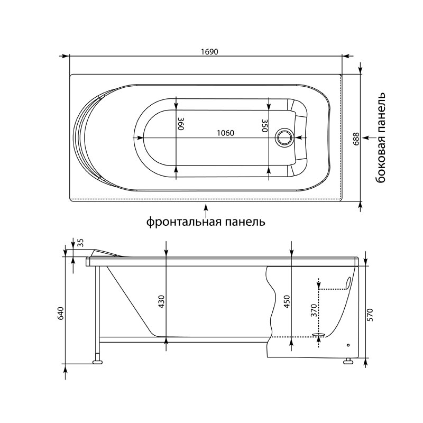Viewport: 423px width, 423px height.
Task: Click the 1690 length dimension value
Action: [209, 51]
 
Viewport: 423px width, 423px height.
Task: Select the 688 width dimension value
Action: [356, 139]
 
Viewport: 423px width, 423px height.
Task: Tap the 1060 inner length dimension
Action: [226, 133]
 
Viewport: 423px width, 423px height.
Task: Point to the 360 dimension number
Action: [181, 124]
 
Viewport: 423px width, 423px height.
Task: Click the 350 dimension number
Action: [264, 125]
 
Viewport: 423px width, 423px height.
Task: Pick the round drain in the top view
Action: [284, 137]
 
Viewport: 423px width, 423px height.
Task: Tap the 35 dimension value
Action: [81, 243]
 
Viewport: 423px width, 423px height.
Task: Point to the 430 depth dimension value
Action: [161, 302]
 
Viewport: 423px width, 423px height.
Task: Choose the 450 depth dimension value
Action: [287, 302]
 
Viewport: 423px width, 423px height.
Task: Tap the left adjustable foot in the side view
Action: [97, 362]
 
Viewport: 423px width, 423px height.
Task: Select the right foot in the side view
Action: [348, 361]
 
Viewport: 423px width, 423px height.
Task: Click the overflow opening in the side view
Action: [348, 283]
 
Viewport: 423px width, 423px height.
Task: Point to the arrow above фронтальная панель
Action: [206, 211]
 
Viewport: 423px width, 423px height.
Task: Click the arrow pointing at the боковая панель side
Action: [369, 137]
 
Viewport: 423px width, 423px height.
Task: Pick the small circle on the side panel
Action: [348, 345]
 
